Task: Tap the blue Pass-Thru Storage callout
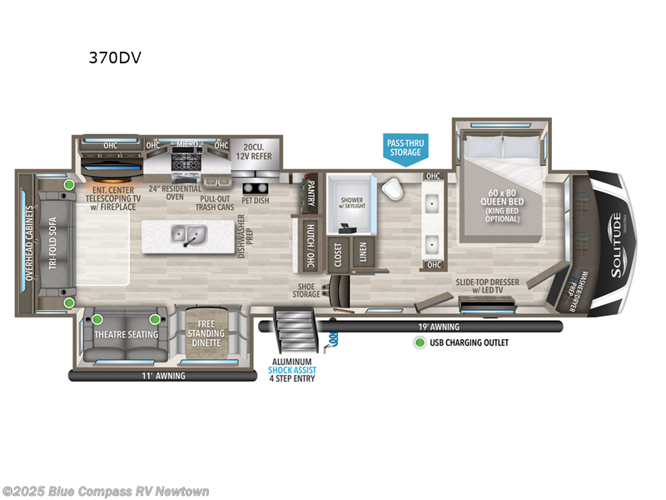coord(405,147)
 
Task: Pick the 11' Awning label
coord(163,376)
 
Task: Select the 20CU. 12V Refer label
coord(254,149)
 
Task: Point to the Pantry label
coord(311,192)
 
